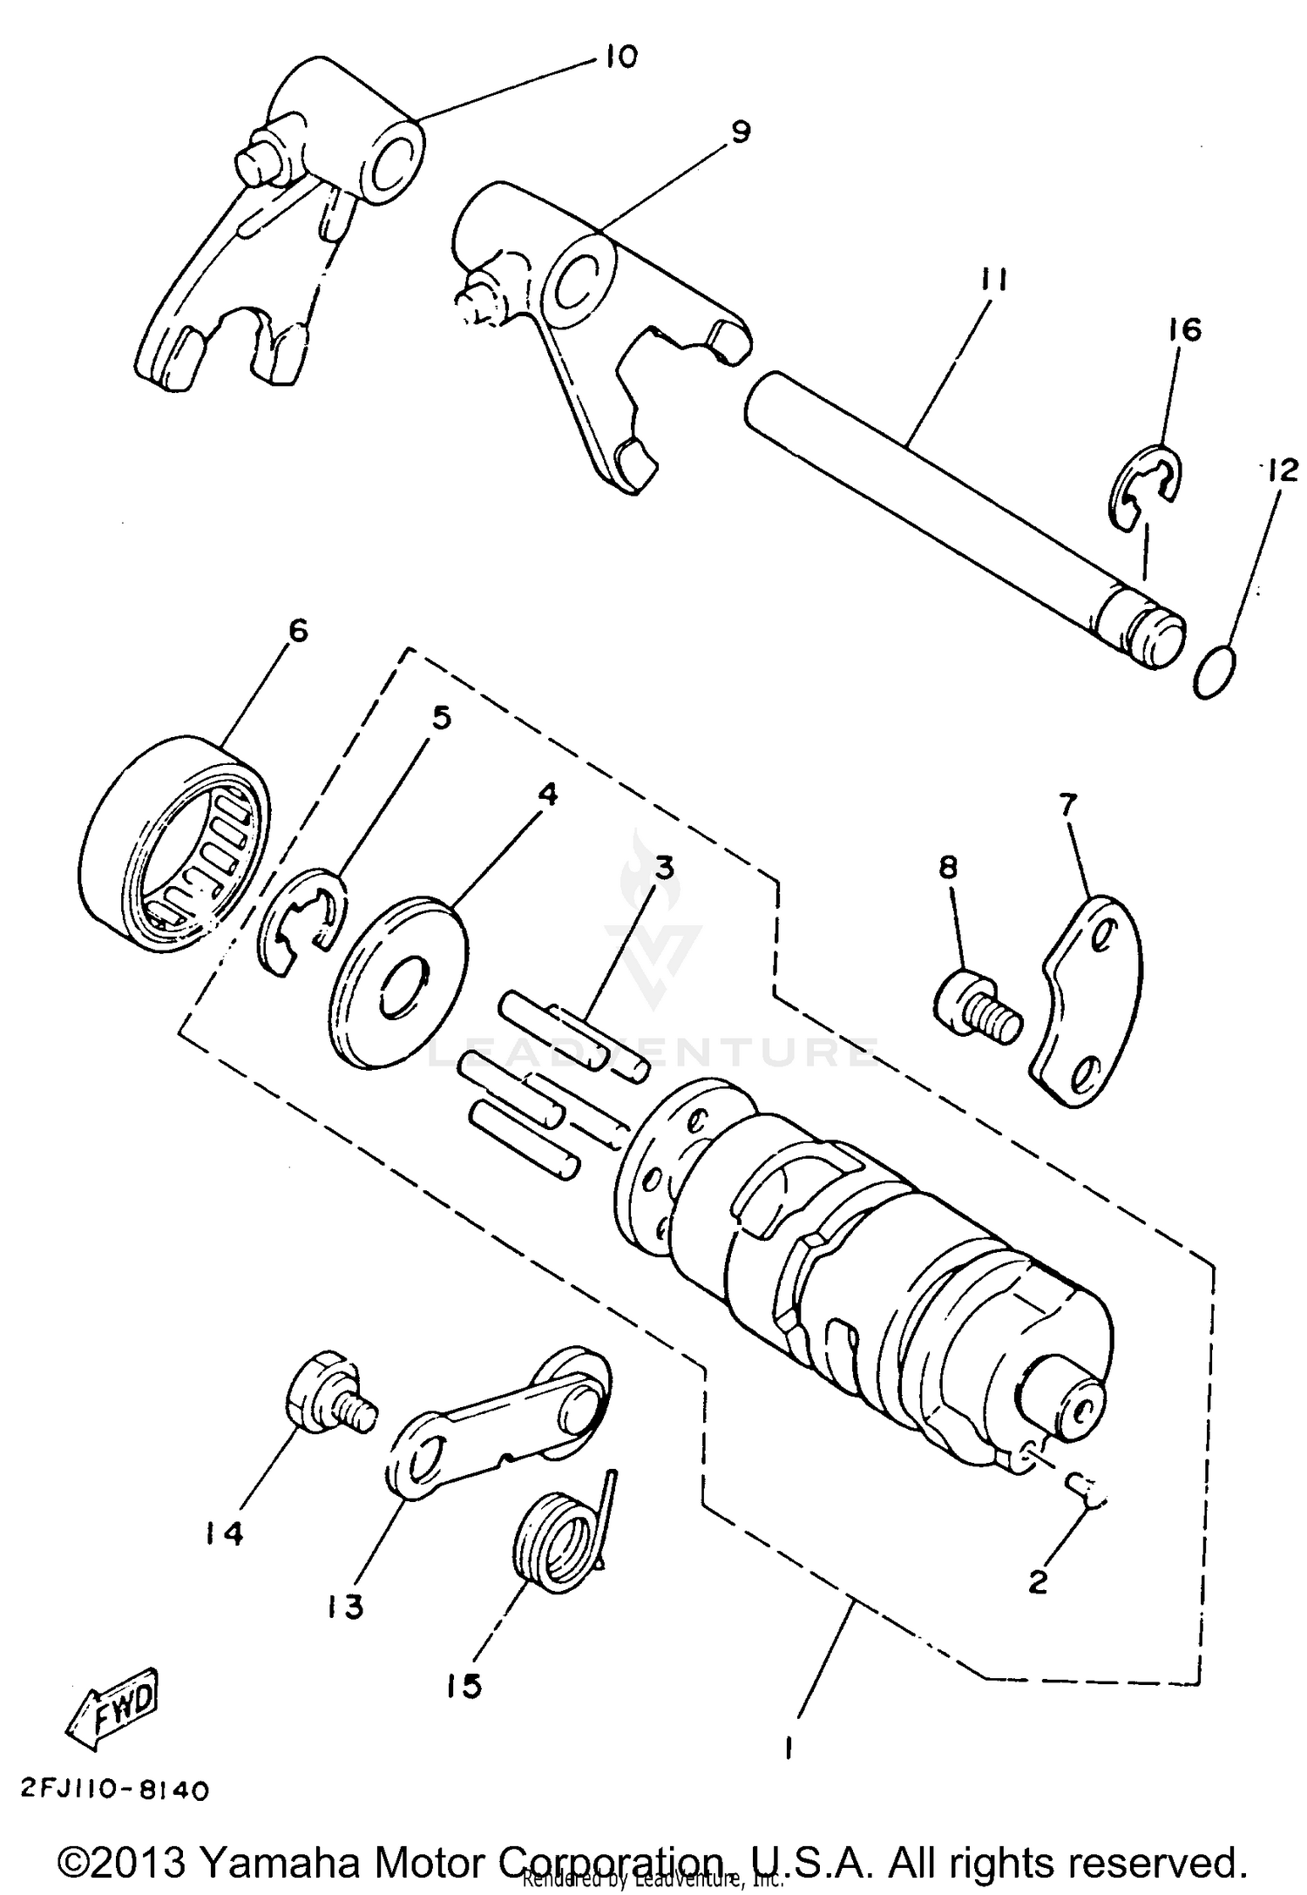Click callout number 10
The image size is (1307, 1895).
(618, 58)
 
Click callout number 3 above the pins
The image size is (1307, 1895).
(665, 869)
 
